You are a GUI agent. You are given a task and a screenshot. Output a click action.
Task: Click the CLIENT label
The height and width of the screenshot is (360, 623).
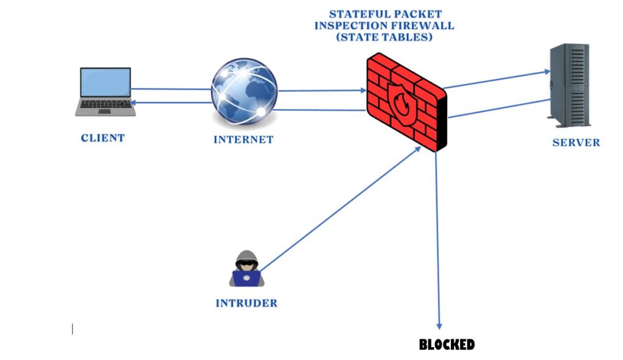click(x=103, y=138)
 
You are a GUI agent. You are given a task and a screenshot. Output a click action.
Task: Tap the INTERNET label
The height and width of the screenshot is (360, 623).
click(x=243, y=140)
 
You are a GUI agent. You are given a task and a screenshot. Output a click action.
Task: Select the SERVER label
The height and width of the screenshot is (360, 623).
click(x=576, y=143)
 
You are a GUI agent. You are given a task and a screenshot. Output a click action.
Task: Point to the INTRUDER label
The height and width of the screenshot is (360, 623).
click(x=246, y=303)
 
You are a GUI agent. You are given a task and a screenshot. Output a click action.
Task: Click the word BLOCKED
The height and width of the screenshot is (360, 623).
click(x=447, y=345)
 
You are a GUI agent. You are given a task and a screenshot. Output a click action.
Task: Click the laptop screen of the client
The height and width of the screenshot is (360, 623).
click(x=106, y=82)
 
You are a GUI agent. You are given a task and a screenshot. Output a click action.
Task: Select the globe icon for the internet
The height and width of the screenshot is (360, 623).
click(x=243, y=91)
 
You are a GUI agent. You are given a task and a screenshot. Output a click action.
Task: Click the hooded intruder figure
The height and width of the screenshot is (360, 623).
click(x=246, y=263)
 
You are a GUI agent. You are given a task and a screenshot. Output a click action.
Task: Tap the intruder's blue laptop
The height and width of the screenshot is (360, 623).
click(x=246, y=278)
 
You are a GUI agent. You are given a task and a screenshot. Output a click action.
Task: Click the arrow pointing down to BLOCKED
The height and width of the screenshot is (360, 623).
click(x=437, y=243)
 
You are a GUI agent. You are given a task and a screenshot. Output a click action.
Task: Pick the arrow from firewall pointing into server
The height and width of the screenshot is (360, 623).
click(x=496, y=80)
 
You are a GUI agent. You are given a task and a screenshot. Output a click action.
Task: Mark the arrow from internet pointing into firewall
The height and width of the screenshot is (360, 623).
click(x=322, y=91)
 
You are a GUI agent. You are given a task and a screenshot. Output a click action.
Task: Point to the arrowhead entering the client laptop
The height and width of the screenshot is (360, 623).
click(x=136, y=103)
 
